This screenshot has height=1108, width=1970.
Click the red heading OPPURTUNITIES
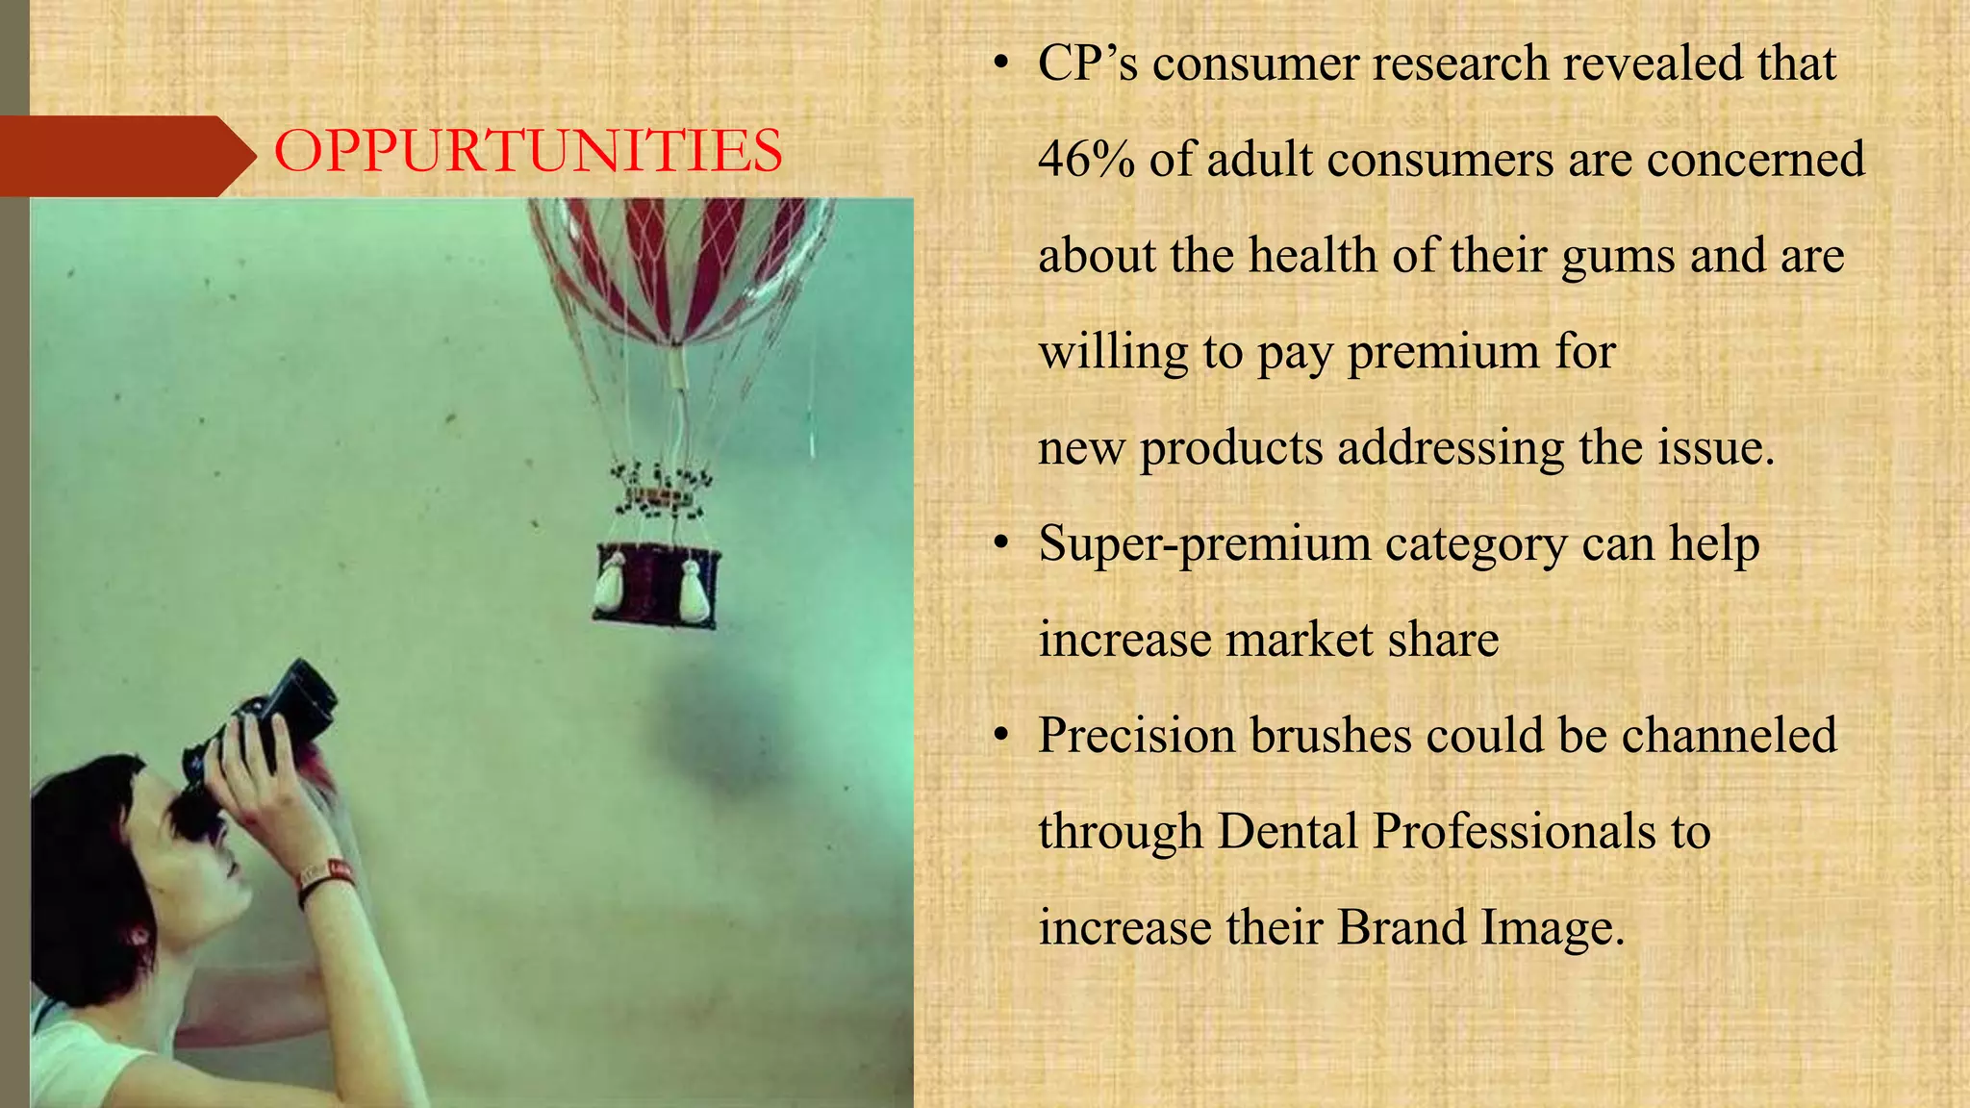[528, 152]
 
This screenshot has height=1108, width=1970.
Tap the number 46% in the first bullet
[1086, 159]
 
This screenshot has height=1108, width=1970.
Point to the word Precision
[1136, 736]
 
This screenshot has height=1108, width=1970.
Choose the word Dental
[1287, 831]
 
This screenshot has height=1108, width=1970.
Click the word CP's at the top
[1088, 63]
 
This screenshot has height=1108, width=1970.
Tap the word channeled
[1729, 736]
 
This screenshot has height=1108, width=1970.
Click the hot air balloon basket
[657, 585]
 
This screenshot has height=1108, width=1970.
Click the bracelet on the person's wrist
[325, 877]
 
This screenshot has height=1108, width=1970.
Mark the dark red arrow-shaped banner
[120, 156]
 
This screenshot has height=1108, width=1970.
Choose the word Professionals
[1494, 831]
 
